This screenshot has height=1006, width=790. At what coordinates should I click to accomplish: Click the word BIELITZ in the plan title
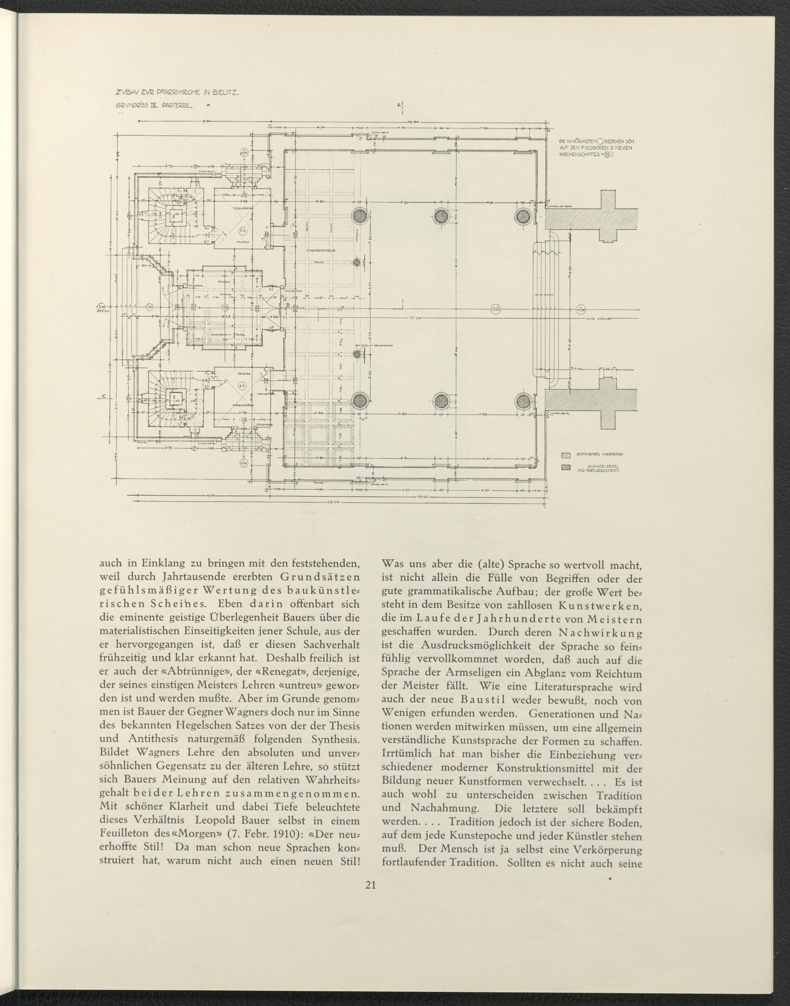[x=225, y=93]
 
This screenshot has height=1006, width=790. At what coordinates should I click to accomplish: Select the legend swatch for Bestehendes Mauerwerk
[x=565, y=455]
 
